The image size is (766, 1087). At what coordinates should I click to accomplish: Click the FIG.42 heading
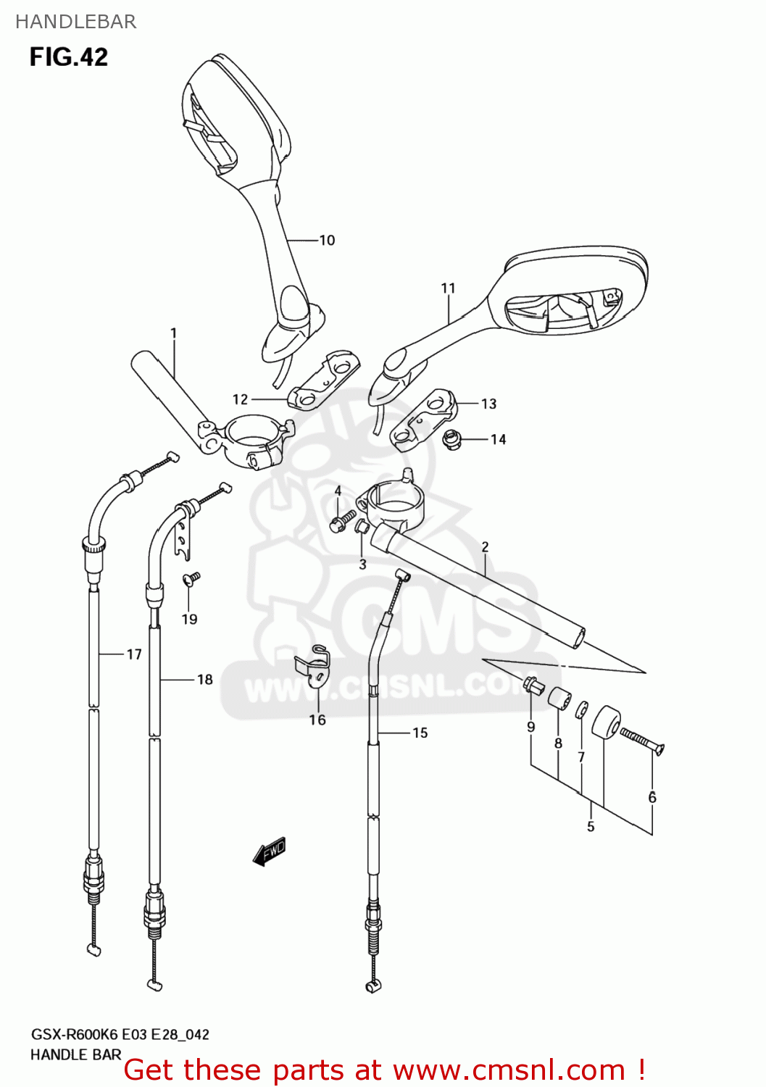[69, 57]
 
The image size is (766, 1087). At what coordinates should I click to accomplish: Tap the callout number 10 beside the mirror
[327, 241]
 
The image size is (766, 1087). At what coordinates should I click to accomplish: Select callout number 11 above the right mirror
[448, 288]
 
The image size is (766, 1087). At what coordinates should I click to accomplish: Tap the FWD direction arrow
[270, 851]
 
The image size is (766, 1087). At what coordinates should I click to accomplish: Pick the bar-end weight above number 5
[606, 722]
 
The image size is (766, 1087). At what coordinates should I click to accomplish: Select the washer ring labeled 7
[582, 709]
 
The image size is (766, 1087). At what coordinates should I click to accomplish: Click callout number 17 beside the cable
[134, 654]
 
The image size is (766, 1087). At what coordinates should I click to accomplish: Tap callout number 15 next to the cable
[420, 733]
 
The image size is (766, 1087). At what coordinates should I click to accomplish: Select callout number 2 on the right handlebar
[485, 547]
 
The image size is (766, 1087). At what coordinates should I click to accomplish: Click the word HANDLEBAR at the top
[76, 22]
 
